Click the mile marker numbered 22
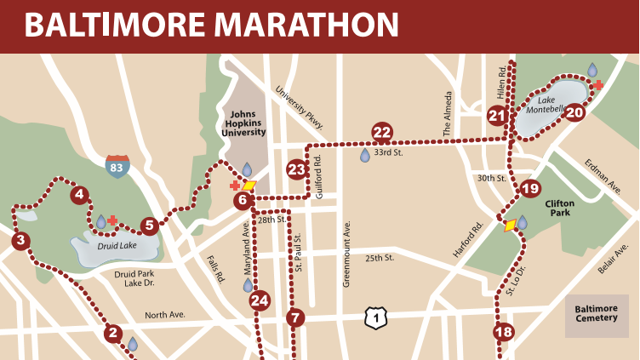click(x=382, y=132)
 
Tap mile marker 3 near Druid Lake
click(x=20, y=241)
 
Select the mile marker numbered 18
click(x=504, y=332)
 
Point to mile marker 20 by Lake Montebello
click(x=575, y=112)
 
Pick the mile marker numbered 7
click(x=295, y=319)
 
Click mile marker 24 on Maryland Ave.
click(x=260, y=300)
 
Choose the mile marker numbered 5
click(x=150, y=226)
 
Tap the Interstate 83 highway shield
click(x=118, y=166)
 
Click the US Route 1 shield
click(x=374, y=317)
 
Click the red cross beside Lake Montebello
click(x=599, y=85)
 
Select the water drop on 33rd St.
click(x=365, y=155)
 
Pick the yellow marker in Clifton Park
click(x=510, y=226)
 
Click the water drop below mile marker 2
click(x=133, y=344)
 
